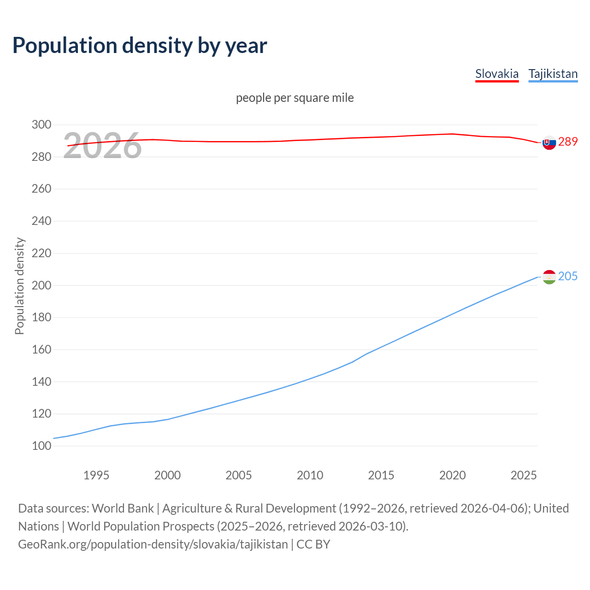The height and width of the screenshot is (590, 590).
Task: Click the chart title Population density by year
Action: click(x=140, y=45)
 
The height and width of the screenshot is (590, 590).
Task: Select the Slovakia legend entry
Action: click(x=497, y=74)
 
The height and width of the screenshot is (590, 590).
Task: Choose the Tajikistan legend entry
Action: click(x=553, y=74)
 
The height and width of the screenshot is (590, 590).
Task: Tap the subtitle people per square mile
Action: click(x=295, y=98)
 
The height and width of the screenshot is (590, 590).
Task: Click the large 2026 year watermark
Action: click(x=102, y=146)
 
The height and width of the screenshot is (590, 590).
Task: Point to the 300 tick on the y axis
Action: click(x=41, y=125)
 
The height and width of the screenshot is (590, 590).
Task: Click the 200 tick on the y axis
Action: click(x=41, y=285)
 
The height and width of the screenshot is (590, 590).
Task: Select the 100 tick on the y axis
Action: click(x=41, y=446)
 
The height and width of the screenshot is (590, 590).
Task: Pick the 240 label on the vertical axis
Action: click(x=41, y=221)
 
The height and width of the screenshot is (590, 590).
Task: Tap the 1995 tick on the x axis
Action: click(x=96, y=475)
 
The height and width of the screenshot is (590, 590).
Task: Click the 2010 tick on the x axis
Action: click(x=310, y=475)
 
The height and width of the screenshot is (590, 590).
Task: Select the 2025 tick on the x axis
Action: click(x=524, y=475)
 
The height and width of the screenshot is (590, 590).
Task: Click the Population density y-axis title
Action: click(x=19, y=286)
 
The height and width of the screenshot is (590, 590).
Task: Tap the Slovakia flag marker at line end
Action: click(x=549, y=142)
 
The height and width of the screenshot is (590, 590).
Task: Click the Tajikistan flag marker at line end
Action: click(x=549, y=277)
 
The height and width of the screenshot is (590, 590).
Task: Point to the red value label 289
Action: click(x=568, y=142)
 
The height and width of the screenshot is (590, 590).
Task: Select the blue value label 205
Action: click(x=568, y=276)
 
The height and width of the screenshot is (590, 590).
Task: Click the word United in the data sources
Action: click(x=551, y=508)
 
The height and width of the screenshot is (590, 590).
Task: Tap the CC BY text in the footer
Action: click(x=313, y=544)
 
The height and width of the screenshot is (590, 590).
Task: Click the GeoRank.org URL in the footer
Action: click(x=153, y=544)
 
